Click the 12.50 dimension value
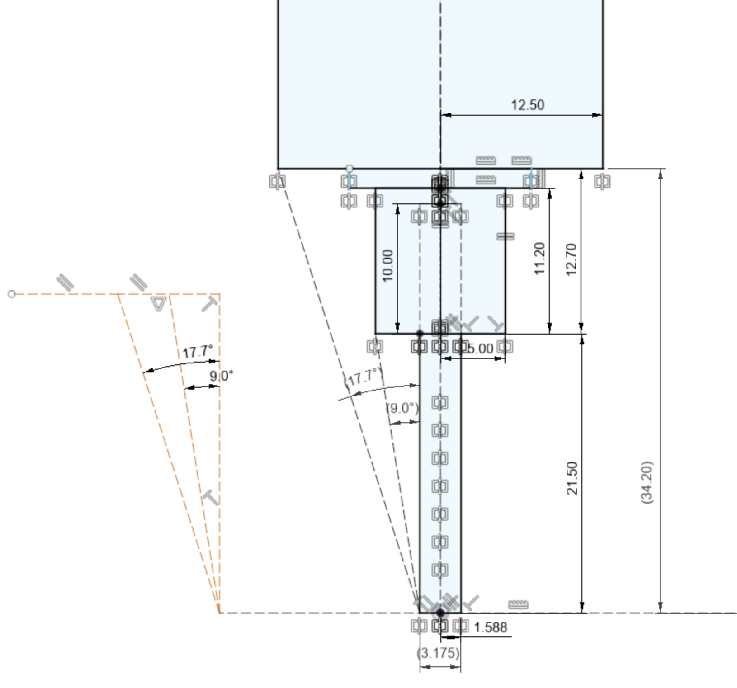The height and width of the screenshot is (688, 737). point(527,105)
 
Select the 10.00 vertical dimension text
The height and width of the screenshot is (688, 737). point(388,266)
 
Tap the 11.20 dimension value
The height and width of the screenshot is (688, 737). point(539,259)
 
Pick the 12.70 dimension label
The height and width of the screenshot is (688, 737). point(571,259)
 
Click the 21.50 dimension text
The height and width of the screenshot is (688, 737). point(572,478)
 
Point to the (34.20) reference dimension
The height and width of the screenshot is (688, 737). point(647,482)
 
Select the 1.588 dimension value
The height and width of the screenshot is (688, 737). point(491,627)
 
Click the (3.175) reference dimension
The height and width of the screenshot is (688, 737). point(438,653)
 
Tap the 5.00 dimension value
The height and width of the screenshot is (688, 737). point(480,349)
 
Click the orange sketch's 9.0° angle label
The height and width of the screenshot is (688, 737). point(222,376)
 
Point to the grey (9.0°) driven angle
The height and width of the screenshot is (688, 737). point(402,408)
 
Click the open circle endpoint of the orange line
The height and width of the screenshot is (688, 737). point(12,294)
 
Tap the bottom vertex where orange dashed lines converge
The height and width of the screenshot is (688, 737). point(219,613)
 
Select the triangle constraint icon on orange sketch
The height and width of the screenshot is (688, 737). point(159,303)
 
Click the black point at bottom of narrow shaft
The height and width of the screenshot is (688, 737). point(440,613)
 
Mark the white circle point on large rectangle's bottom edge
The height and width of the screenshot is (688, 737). point(350,169)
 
